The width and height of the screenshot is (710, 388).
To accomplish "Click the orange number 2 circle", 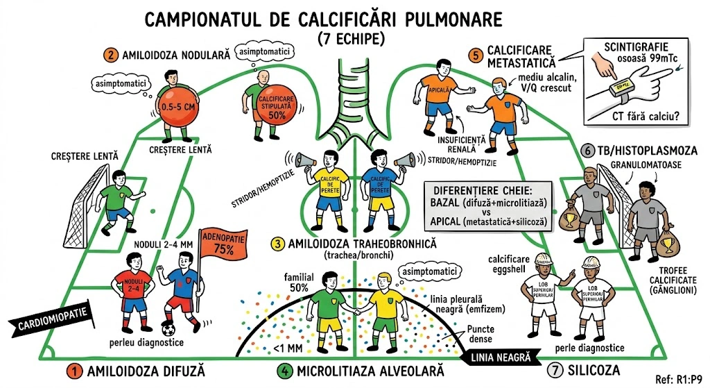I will (x=110, y=54).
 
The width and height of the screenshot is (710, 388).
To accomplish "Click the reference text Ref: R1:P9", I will (x=681, y=379).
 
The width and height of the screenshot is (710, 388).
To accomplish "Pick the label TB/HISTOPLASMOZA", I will (x=649, y=150).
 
